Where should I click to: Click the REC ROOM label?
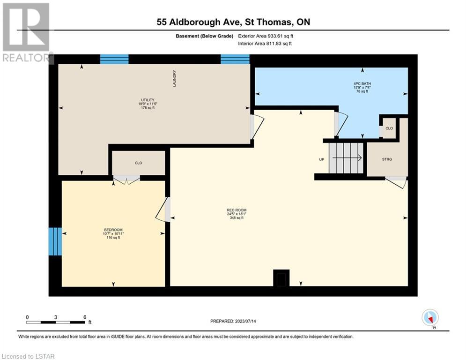tap(237, 210)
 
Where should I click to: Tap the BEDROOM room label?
tap(113, 230)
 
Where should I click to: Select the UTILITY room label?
tap(148, 100)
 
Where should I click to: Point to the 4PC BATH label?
tap(362, 83)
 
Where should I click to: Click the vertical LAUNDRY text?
tap(174, 79)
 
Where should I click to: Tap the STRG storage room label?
tap(387, 159)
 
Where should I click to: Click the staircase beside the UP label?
tap(346, 157)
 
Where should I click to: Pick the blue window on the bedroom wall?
tap(55, 241)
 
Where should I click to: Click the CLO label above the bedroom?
tap(139, 163)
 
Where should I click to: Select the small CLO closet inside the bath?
tap(389, 128)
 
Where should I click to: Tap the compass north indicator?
tap(430, 318)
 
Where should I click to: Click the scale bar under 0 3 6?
tap(56, 322)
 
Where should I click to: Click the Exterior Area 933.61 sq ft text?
tap(266, 36)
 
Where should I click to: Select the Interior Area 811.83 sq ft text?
tap(265, 44)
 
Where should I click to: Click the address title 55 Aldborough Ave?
tap(197, 22)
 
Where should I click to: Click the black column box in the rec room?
tap(281, 278)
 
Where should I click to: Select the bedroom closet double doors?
tap(127, 180)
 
